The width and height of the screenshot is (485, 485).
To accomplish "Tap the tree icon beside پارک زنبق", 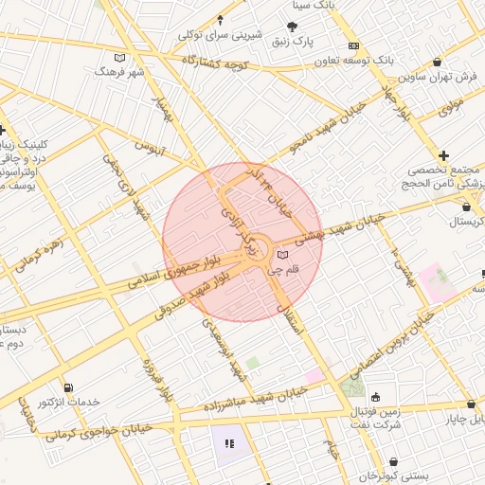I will click(x=292, y=27).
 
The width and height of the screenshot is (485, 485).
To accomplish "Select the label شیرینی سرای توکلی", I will click(x=220, y=35).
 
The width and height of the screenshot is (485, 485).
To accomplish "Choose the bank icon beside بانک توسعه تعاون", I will click(x=353, y=45).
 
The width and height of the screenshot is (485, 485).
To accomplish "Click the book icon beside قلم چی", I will click(x=282, y=255).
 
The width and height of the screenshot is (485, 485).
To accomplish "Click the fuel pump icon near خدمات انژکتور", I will click(x=68, y=387).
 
